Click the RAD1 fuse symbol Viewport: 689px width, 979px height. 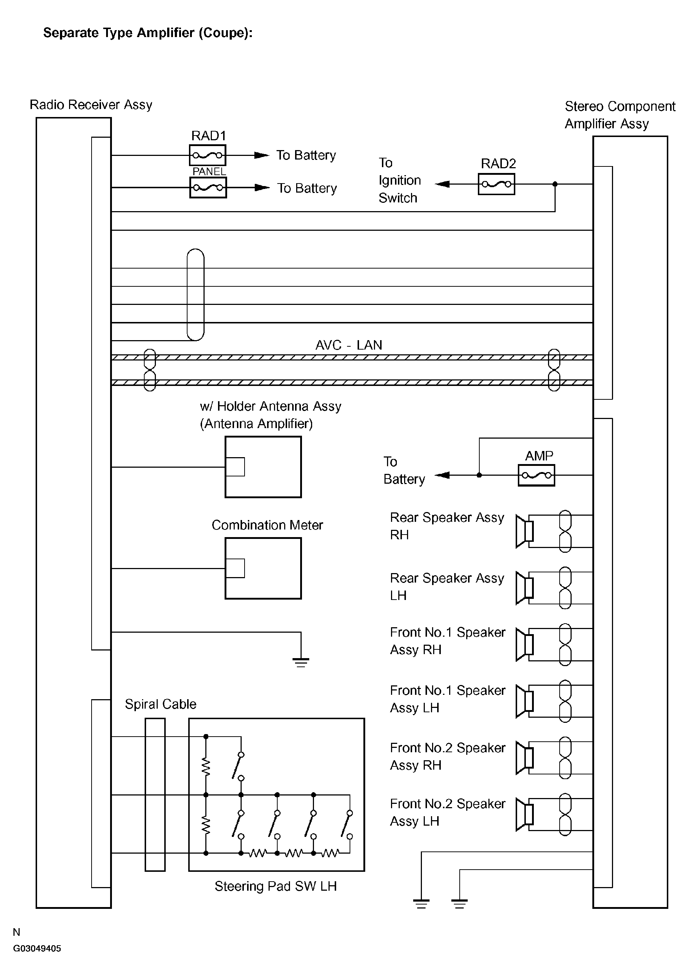pyautogui.click(x=207, y=155)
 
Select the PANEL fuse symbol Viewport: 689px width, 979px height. pyautogui.click(x=208, y=188)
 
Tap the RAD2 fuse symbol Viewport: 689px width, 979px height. pyautogui.click(x=496, y=184)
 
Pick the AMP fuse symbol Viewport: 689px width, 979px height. pyautogui.click(x=536, y=475)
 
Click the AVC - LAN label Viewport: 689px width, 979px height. pyautogui.click(x=348, y=345)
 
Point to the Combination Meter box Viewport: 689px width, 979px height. pyautogui.click(x=263, y=568)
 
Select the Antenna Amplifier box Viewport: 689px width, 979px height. pyautogui.click(x=263, y=467)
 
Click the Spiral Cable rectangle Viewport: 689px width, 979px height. pyautogui.click(x=155, y=794)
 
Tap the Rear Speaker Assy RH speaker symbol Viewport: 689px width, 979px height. pyautogui.click(x=524, y=531)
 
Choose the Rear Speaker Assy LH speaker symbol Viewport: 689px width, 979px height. pyautogui.click(x=524, y=588)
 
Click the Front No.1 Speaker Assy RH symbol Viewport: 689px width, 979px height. pyautogui.click(x=524, y=645)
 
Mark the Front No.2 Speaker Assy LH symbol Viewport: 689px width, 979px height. pyautogui.click(x=524, y=814)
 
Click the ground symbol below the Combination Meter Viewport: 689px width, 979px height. pyautogui.click(x=301, y=662)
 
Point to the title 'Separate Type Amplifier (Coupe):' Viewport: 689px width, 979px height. pyautogui.click(x=148, y=33)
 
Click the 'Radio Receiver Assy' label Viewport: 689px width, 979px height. pyautogui.click(x=91, y=105)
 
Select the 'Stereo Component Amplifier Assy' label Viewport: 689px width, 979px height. pyautogui.click(x=620, y=115)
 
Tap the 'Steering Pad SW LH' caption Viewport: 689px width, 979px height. pyautogui.click(x=275, y=886)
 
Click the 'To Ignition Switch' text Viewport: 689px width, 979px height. pyautogui.click(x=399, y=180)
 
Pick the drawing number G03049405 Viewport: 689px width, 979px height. pyautogui.click(x=37, y=949)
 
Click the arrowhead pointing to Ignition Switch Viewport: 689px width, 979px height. pyautogui.click(x=442, y=184)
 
